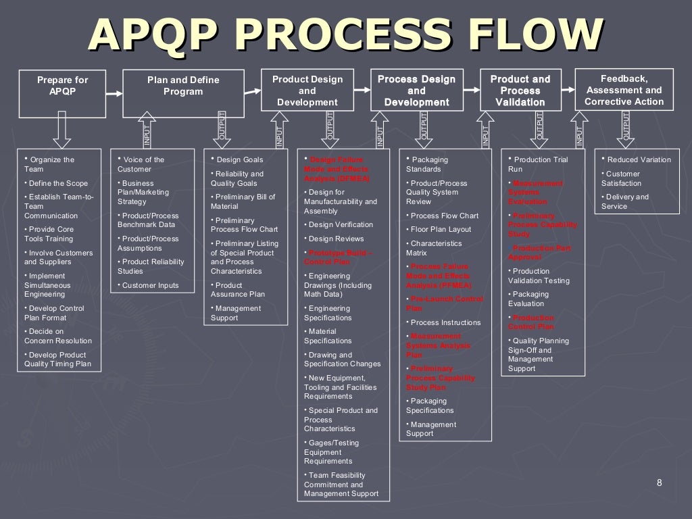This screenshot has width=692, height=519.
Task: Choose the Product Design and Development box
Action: click(x=307, y=91)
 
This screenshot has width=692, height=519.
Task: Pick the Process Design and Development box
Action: click(x=416, y=91)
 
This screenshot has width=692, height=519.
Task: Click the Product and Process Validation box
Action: click(x=520, y=91)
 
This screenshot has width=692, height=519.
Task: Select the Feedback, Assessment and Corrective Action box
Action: click(x=624, y=90)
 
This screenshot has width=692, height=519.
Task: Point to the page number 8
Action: click(x=659, y=482)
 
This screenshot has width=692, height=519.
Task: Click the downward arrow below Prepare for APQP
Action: click(x=62, y=130)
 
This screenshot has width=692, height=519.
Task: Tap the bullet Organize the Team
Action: click(x=49, y=164)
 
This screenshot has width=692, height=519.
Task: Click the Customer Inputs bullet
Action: click(x=150, y=285)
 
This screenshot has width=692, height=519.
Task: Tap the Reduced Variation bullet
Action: click(x=638, y=159)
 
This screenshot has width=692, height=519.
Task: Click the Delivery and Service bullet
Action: click(x=624, y=201)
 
